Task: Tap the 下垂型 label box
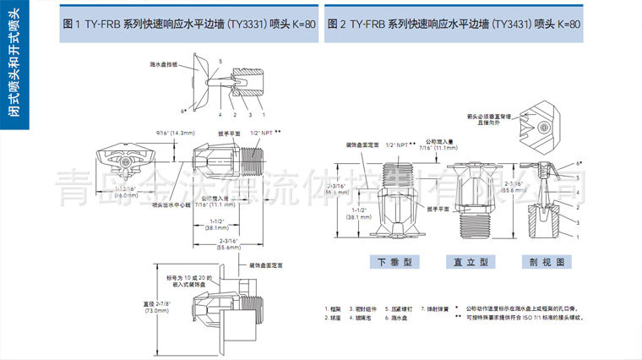(393, 262)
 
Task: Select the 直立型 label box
(470, 262)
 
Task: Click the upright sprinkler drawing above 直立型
(470, 194)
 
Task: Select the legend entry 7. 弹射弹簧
(437, 309)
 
